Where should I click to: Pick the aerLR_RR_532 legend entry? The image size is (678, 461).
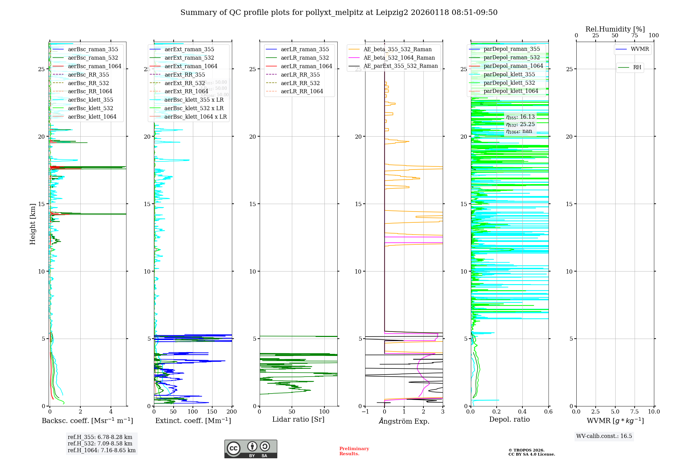coord(300,83)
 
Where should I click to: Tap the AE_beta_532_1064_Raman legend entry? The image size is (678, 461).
coord(399,58)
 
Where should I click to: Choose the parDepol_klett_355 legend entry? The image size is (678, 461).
coord(509,74)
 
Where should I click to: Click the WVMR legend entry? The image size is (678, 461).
coord(640,49)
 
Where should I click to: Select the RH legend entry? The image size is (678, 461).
coord(637,67)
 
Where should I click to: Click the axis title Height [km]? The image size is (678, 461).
coord(33,224)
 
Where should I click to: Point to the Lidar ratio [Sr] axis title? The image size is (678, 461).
coord(298,419)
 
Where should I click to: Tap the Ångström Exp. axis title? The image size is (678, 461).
coord(404,421)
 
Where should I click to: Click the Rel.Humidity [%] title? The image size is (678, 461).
coord(615,29)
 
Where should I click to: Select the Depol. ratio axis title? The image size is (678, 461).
coord(509,419)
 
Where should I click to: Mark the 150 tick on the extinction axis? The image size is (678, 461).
coord(212,412)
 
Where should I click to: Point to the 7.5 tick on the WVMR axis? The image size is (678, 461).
coord(635,412)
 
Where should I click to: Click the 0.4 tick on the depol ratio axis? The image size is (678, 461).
coord(522,412)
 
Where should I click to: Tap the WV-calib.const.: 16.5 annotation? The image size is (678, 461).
coord(604,436)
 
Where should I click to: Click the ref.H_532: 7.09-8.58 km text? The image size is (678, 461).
coord(100,443)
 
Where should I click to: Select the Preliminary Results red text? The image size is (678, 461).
coord(354,451)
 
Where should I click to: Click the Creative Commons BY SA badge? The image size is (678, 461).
coord(251,449)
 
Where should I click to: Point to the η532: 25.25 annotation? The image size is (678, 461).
coord(520,124)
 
